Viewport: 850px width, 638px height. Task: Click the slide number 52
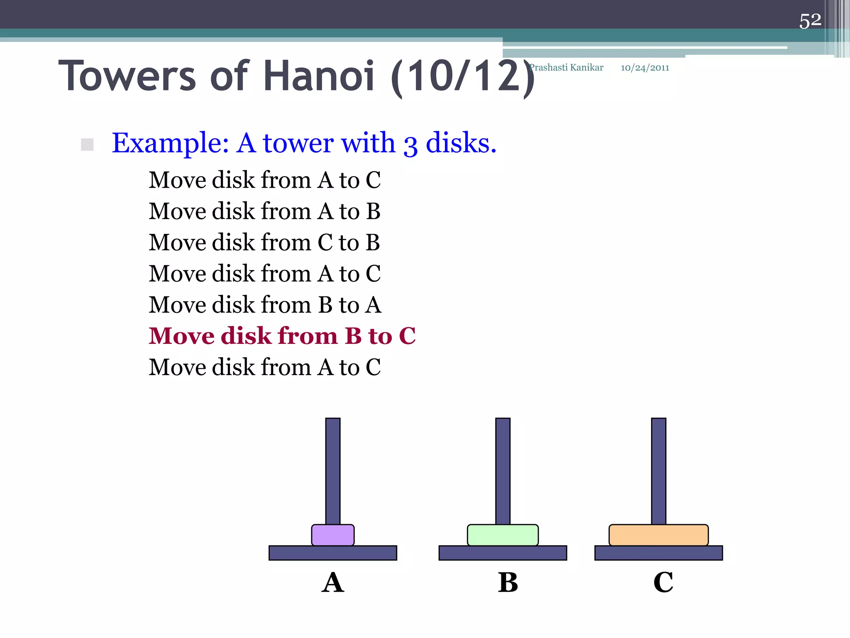coord(810,20)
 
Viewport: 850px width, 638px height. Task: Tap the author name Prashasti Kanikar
coord(567,68)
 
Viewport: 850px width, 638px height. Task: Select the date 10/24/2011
coord(645,68)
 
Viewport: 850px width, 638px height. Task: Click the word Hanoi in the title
coord(319,76)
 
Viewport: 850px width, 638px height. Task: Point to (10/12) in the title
coord(463,77)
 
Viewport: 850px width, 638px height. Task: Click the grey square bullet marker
coord(87,145)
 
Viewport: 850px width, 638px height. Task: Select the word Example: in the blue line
coord(170,143)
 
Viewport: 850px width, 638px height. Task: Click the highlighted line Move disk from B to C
coord(282,336)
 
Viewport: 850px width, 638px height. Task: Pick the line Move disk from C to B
coord(264,242)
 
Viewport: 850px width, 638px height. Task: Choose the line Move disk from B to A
coord(265,304)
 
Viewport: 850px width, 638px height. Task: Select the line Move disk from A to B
coord(264,211)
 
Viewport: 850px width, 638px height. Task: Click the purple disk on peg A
coord(333,535)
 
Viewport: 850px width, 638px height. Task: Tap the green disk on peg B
coord(503,535)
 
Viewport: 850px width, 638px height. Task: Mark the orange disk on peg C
coord(658,535)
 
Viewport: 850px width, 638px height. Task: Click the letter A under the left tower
coord(333,582)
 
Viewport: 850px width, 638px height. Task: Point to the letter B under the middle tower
coord(508,582)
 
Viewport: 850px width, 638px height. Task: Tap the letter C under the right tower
coord(663,582)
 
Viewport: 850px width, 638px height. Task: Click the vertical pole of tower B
coord(503,469)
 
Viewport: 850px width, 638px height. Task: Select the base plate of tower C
coord(658,553)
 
